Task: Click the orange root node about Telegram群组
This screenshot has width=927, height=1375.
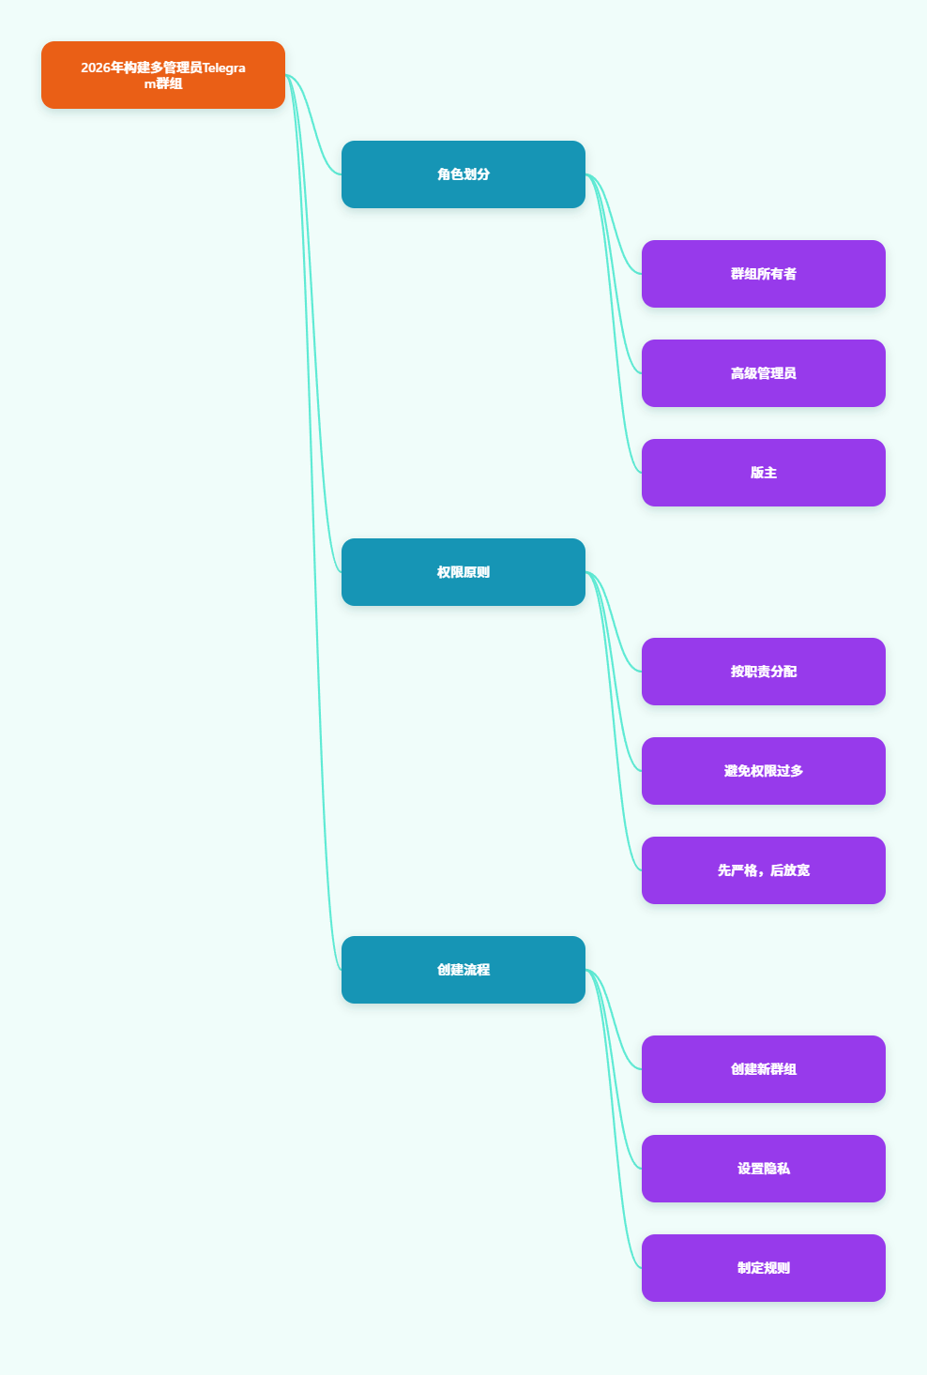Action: pyautogui.click(x=163, y=75)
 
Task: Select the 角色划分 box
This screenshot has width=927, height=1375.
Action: pyautogui.click(x=463, y=174)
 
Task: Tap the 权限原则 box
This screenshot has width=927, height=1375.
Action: pyautogui.click(x=463, y=572)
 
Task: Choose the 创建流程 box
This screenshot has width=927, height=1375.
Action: pyautogui.click(x=463, y=970)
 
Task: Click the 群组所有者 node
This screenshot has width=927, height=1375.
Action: pyautogui.click(x=764, y=274)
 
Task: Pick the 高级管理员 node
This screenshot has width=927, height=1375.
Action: pyautogui.click(x=764, y=373)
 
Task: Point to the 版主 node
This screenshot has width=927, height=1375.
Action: pyautogui.click(x=764, y=473)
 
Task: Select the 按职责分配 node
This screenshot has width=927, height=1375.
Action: pyautogui.click(x=764, y=672)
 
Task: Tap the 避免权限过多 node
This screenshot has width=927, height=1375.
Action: pyautogui.click(x=764, y=771)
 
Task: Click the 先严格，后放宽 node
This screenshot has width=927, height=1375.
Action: pyautogui.click(x=764, y=870)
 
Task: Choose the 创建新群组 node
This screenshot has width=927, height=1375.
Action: pyautogui.click(x=764, y=1069)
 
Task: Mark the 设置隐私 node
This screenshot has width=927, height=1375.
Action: pyautogui.click(x=764, y=1169)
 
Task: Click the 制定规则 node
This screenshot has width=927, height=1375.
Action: pyautogui.click(x=764, y=1268)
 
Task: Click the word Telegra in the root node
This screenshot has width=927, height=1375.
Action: pyautogui.click(x=223, y=68)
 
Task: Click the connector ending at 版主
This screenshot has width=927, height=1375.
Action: pyautogui.click(x=614, y=324)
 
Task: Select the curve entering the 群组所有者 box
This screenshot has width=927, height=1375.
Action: pyautogui.click(x=614, y=224)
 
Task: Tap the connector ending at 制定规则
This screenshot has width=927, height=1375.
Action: pyautogui.click(x=614, y=1119)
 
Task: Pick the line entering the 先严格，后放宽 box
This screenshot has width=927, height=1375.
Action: pyautogui.click(x=614, y=721)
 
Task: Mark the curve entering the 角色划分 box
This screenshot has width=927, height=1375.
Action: pyautogui.click(x=313, y=125)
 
